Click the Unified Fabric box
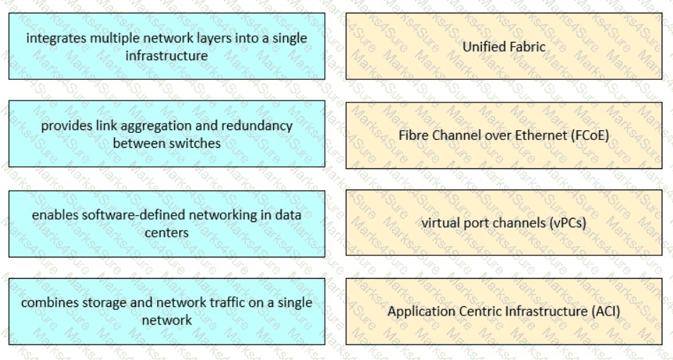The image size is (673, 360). (x=503, y=47)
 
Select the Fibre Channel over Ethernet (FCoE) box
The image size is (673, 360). (x=503, y=134)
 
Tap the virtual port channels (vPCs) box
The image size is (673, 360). (x=503, y=222)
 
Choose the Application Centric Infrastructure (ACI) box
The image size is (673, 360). (x=503, y=310)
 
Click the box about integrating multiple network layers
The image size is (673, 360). (x=166, y=46)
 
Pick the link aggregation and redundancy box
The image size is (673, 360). (x=166, y=134)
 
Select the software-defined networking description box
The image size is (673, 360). (x=166, y=223)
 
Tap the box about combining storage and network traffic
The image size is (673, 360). (x=166, y=310)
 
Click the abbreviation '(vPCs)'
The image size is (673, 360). (x=568, y=222)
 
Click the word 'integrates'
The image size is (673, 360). (x=56, y=37)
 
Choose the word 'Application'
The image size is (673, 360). (x=418, y=310)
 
